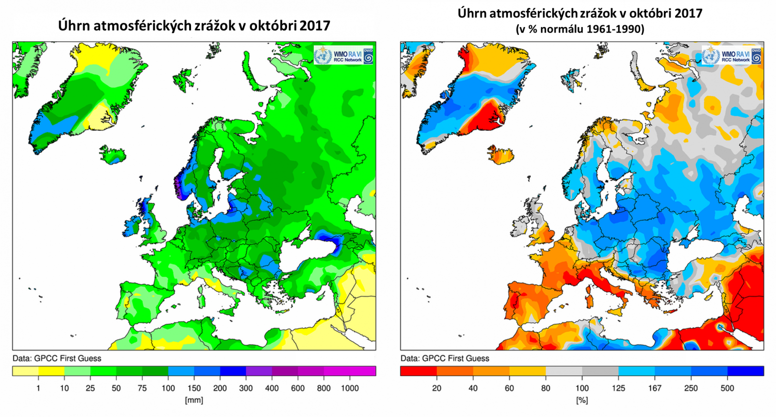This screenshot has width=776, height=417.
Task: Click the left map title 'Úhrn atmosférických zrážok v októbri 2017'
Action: coord(194,25)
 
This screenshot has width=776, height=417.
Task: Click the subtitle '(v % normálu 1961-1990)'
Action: coord(580,29)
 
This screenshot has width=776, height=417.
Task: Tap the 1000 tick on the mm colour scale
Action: coord(350,388)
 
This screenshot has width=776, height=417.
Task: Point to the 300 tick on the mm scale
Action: coord(246,388)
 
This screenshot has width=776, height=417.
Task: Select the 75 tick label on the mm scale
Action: coord(142,388)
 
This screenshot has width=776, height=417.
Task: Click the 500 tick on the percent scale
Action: coord(727,388)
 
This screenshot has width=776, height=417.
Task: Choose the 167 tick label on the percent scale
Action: coord(654,388)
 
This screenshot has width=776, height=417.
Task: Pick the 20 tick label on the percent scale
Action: coord(436,388)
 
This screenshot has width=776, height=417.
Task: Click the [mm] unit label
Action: coord(194,400)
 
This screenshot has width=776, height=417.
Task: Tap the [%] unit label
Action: coord(582,400)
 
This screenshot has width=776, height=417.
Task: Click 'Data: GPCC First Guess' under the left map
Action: coord(57,358)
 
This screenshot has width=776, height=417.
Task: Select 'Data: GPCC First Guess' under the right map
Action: coord(445,358)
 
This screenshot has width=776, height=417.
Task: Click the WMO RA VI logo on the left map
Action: coord(344,56)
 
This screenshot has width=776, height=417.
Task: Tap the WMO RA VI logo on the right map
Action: coord(732,56)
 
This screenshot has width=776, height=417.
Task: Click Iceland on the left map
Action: coord(113,155)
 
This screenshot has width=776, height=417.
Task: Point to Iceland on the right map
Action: coord(501,155)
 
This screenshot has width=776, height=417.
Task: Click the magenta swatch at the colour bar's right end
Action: coord(363,371)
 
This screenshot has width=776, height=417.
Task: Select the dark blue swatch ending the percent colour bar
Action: coord(745,371)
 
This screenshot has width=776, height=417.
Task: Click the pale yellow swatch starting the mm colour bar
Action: coord(25,371)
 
